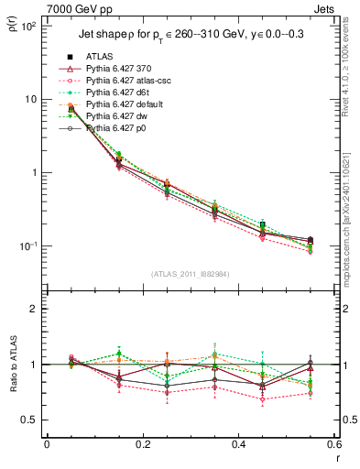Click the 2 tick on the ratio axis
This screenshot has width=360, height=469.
(34, 309)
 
